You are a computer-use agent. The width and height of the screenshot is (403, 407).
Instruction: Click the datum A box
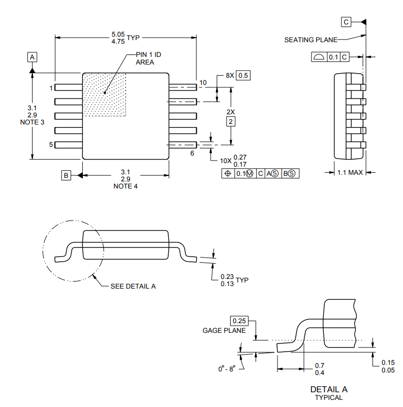(32, 57)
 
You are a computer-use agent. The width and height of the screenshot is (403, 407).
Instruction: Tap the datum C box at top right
(346, 22)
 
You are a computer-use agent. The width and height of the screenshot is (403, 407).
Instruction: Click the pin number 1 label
(51, 88)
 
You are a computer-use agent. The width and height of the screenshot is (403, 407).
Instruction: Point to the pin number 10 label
(203, 82)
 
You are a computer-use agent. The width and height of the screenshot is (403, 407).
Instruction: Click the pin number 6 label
(192, 152)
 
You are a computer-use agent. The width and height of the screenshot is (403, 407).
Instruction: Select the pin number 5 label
(51, 145)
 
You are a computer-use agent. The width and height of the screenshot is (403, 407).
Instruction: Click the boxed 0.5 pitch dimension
(243, 75)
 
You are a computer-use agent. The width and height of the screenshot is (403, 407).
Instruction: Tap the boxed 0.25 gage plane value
(238, 321)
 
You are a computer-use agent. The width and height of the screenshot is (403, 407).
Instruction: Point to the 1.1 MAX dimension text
(350, 172)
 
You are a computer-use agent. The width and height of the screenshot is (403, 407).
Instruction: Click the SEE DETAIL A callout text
(133, 286)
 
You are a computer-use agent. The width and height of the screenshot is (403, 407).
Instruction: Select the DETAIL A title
(329, 389)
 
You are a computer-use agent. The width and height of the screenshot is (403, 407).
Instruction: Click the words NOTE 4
(126, 186)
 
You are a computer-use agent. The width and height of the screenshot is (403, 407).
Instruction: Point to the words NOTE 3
(32, 122)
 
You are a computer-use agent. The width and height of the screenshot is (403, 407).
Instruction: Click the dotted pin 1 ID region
(104, 94)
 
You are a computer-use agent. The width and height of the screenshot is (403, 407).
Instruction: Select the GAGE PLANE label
(224, 330)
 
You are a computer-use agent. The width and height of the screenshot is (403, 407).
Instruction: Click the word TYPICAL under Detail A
(329, 397)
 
